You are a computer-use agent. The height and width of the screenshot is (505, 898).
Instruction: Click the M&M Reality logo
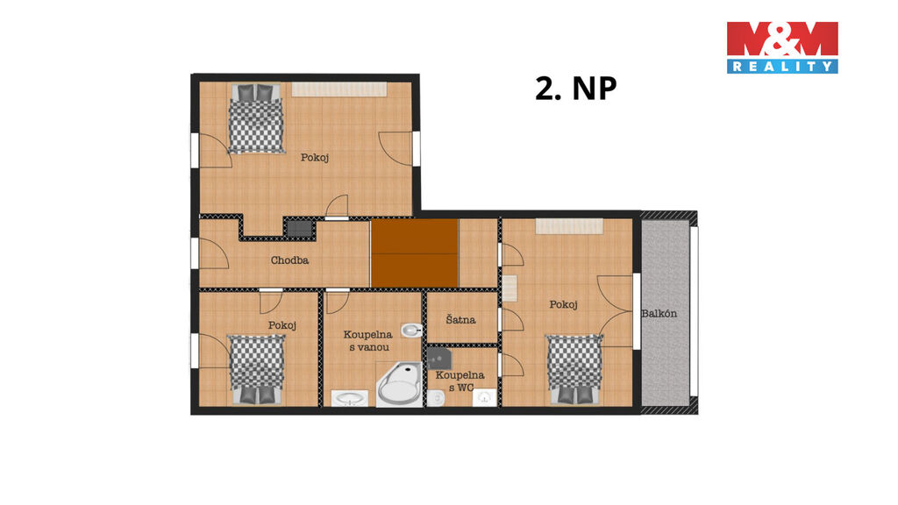[x=782, y=47]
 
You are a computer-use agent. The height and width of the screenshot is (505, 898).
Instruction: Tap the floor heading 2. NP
[x=575, y=89]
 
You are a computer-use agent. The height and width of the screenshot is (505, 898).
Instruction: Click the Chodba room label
[x=289, y=260]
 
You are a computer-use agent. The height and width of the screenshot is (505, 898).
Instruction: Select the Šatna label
[x=460, y=319]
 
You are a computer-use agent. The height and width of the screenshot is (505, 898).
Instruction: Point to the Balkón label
[x=659, y=314]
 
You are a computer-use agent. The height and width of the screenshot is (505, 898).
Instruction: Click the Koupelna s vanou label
[x=367, y=341]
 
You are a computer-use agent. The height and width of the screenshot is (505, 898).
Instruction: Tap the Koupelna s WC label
[x=460, y=381]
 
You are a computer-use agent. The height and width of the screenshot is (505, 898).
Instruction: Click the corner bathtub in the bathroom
[x=399, y=384]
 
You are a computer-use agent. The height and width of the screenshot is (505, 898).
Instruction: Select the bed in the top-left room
[x=256, y=119]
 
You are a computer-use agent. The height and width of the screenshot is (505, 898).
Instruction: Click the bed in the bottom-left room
[x=257, y=369]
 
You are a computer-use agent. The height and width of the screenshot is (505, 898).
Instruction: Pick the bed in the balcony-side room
[x=574, y=369]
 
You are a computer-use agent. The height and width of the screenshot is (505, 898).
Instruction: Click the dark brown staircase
[x=415, y=253]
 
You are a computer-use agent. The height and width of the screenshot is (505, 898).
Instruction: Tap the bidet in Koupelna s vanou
[x=412, y=331]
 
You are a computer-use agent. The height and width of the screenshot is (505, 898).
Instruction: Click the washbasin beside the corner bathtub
[x=349, y=399]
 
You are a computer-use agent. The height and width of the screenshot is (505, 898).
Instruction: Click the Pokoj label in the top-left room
[x=315, y=158]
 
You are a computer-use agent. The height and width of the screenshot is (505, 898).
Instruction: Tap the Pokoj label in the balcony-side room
[x=564, y=304]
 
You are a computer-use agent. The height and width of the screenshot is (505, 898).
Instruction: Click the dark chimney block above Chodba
[x=300, y=229]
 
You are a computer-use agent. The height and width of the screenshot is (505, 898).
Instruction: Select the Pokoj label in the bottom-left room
[x=282, y=325]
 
